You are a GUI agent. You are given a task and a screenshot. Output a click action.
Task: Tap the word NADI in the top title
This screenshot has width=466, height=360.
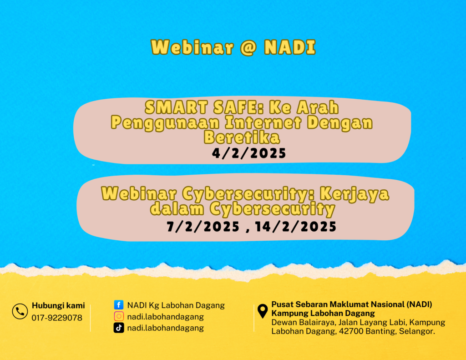click(290, 47)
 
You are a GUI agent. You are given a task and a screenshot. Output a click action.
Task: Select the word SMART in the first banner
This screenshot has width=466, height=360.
click(176, 107)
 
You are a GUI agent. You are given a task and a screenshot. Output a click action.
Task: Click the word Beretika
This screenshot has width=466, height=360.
click(242, 137)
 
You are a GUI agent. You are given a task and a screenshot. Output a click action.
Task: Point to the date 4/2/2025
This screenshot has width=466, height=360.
click(249, 153)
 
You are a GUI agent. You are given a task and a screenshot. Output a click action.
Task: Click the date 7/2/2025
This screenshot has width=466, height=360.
click(203, 227)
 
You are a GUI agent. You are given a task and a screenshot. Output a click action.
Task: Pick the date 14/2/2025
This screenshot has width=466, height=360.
click(296, 227)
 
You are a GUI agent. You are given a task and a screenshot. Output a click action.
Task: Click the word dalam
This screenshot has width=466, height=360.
click(177, 209)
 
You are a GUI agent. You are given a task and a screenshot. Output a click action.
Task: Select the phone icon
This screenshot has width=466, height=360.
click(20, 311)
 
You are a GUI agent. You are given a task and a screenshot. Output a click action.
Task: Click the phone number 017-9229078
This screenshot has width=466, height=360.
click(57, 318)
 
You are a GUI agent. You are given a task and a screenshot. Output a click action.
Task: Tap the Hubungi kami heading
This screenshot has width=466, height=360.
click(58, 305)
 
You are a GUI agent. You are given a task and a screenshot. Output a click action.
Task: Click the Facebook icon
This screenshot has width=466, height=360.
click(119, 305)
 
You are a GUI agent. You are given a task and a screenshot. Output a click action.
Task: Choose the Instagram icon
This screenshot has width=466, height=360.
click(119, 316)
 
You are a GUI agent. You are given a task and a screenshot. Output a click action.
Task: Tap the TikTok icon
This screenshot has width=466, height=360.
click(119, 328)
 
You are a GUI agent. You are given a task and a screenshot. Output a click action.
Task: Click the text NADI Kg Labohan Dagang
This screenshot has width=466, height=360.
click(176, 305)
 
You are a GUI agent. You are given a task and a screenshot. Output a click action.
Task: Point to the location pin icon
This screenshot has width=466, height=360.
click(263, 311)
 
